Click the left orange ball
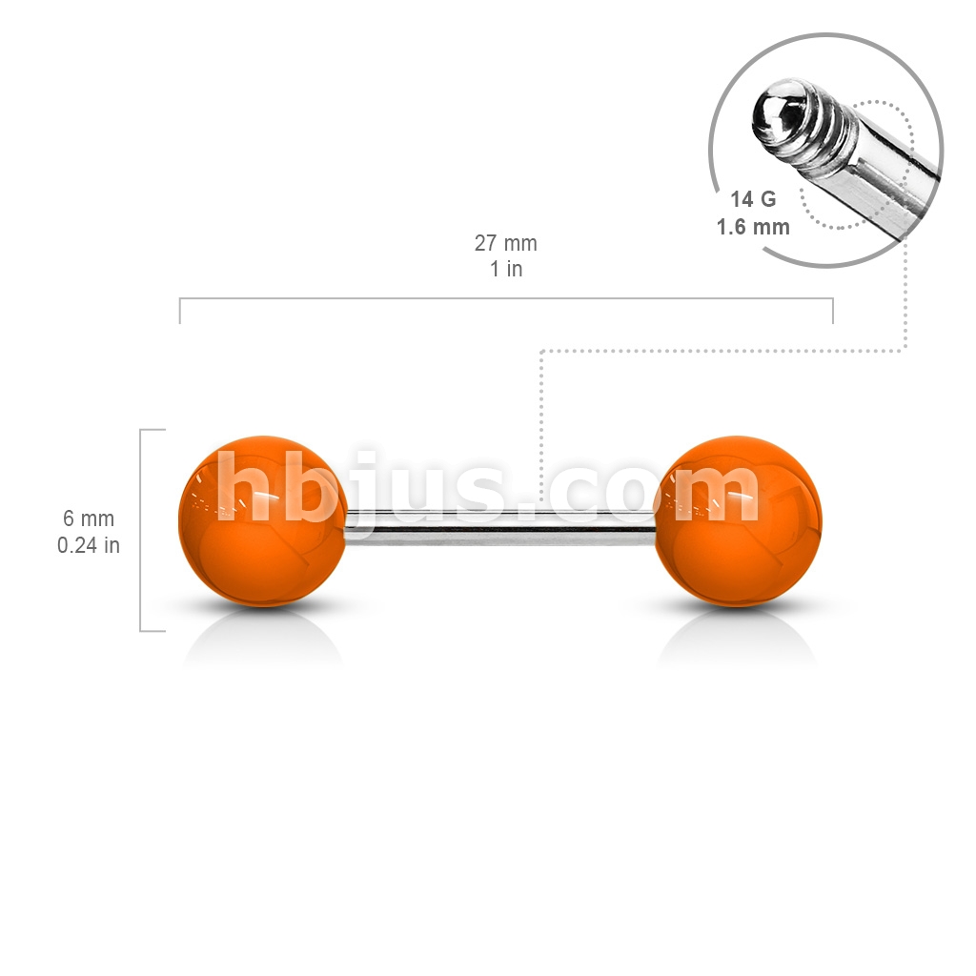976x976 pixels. [x=263, y=520]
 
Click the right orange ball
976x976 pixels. [x=738, y=520]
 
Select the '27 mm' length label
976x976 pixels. [x=505, y=243]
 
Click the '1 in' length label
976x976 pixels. [x=506, y=269]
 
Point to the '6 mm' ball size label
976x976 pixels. [x=89, y=518]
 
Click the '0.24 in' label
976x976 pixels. [x=89, y=545]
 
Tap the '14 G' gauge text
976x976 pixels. [x=753, y=199]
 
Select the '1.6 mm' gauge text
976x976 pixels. [x=753, y=227]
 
